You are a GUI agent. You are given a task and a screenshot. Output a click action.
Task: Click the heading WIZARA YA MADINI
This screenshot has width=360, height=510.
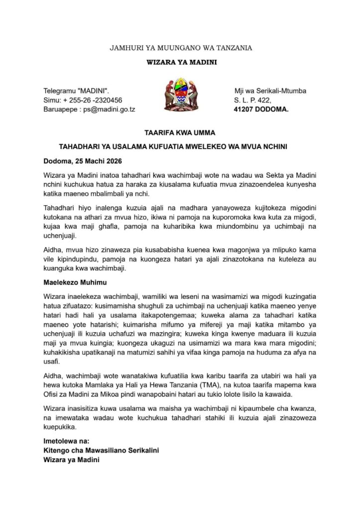(x=181, y=62)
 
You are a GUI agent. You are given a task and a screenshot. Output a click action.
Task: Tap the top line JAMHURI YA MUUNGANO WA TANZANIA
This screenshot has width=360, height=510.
(x=181, y=48)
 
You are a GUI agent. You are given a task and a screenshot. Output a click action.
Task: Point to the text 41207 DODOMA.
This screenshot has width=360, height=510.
(x=261, y=109)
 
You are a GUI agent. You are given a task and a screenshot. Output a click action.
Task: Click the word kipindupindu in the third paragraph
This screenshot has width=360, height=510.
(x=65, y=260)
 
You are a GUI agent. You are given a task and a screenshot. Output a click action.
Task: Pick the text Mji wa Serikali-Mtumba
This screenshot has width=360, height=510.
(x=270, y=91)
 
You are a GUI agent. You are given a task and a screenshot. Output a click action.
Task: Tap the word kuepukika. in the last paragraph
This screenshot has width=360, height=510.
(x=62, y=426)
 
